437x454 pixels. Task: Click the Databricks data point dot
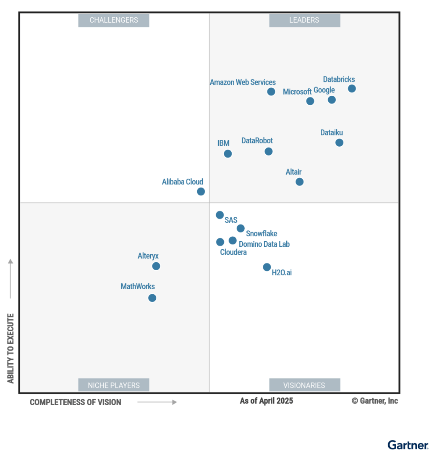352,88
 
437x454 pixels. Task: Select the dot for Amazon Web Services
271,92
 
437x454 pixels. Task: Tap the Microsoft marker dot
310,101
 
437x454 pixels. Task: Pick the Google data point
332,100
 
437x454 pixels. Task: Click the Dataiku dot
339,143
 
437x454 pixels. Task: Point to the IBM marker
228,154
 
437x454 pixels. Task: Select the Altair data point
299,182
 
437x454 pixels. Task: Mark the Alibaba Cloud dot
201,192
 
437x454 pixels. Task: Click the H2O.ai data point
267,267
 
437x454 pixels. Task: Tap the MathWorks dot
152,298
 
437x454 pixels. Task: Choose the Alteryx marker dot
156,266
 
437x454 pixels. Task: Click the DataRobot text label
257,141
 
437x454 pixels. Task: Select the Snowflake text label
262,234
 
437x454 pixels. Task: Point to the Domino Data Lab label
264,244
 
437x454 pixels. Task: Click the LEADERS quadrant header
304,20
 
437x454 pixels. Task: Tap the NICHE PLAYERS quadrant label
114,385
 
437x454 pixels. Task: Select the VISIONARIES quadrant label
304,385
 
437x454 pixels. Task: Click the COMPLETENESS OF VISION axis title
76,402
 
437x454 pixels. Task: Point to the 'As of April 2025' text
267,401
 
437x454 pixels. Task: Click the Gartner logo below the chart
408,445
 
